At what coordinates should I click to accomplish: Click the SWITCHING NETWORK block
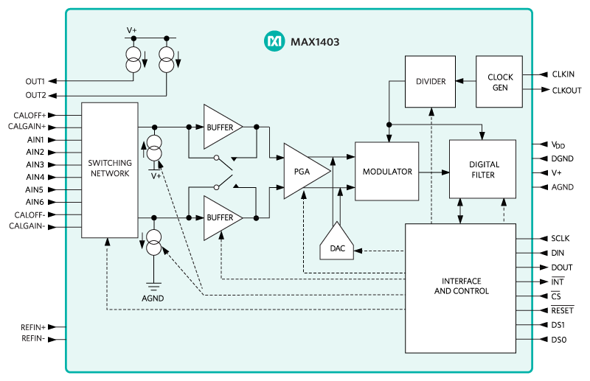pyautogui.click(x=109, y=169)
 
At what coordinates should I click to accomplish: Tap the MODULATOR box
pyautogui.click(x=387, y=171)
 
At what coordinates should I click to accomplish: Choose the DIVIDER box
pyautogui.click(x=431, y=81)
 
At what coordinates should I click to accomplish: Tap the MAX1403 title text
pyautogui.click(x=314, y=42)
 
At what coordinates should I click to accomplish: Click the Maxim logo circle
pyautogui.click(x=274, y=42)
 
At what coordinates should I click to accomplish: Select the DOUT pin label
pyautogui.click(x=561, y=268)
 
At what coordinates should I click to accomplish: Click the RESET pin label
pyautogui.click(x=562, y=310)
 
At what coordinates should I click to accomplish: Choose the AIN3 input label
pyautogui.click(x=35, y=164)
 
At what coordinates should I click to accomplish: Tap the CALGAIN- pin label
pyautogui.click(x=29, y=227)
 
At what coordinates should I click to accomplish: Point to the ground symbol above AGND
pyautogui.click(x=153, y=285)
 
